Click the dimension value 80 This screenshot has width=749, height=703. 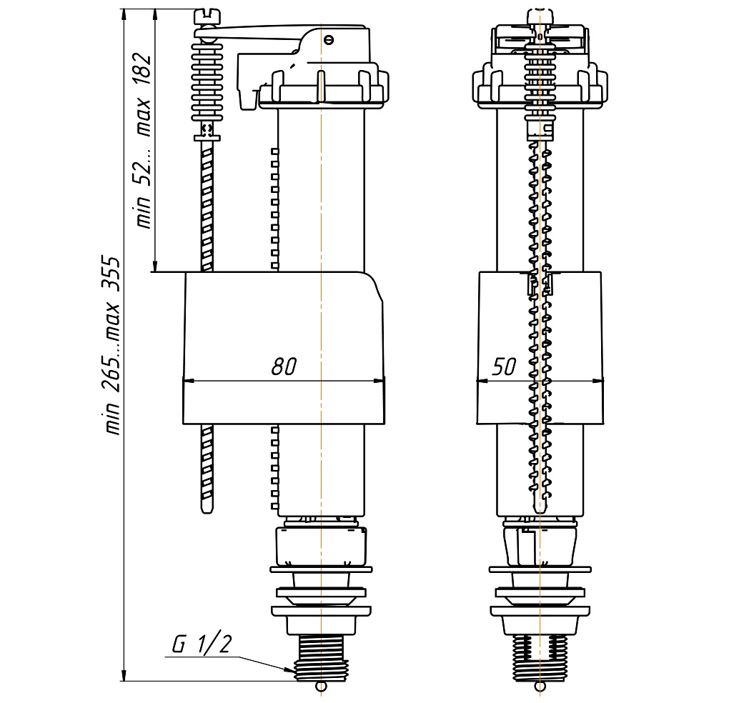click(x=284, y=367)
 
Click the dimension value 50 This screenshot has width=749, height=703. click(x=504, y=367)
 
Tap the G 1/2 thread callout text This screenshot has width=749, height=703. click(x=202, y=644)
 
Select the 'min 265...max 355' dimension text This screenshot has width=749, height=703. click(x=112, y=346)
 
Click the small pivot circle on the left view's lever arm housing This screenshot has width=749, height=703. click(x=327, y=39)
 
